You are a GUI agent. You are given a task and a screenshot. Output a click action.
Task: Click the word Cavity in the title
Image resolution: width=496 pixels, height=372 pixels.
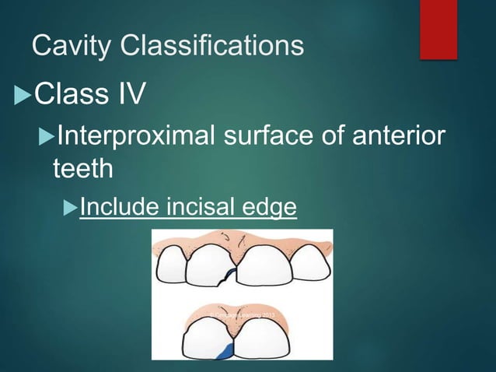(x=71, y=47)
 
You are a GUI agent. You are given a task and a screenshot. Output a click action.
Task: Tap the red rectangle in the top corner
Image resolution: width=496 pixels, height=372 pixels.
(x=438, y=29)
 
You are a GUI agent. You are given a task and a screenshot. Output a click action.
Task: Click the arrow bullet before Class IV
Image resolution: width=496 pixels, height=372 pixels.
(x=23, y=97)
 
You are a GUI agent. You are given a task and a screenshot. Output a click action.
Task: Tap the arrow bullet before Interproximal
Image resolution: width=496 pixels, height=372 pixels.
(x=45, y=139)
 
